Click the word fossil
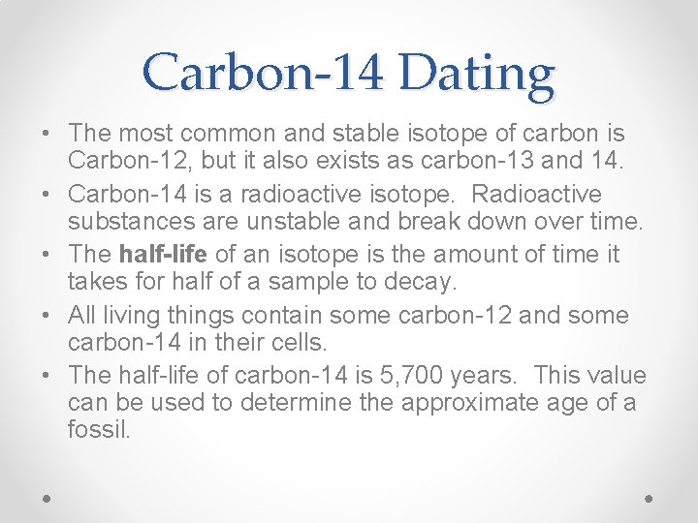coord(98,430)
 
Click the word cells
coord(301,343)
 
